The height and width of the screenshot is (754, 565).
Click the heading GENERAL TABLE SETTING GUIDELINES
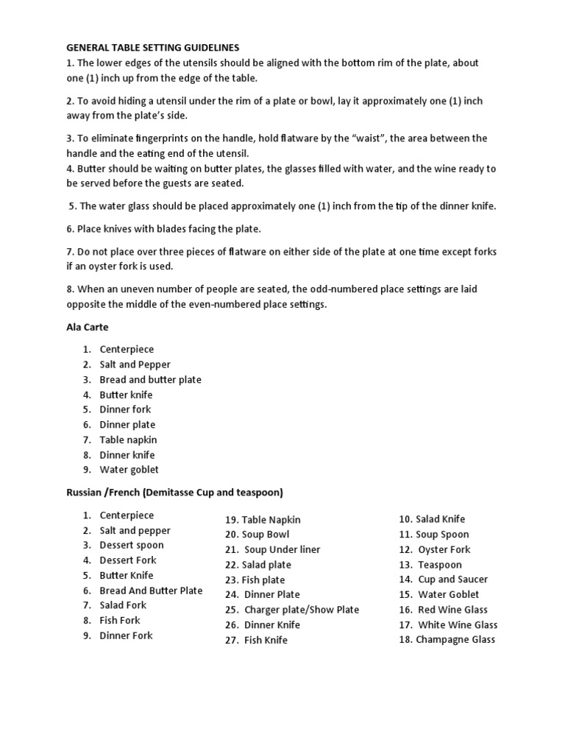(152, 47)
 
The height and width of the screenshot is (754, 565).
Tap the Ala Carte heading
(88, 327)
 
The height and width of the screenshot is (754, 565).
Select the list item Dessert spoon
(132, 546)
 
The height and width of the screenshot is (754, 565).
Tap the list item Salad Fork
(123, 605)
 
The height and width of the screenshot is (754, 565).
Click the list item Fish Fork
(120, 620)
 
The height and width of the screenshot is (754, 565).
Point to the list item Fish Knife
(266, 640)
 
